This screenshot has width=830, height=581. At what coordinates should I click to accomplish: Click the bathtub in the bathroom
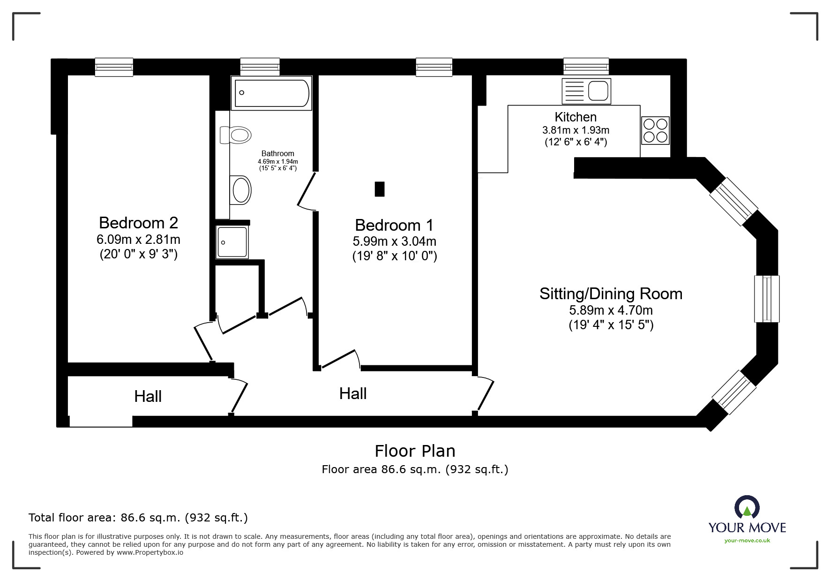(271, 93)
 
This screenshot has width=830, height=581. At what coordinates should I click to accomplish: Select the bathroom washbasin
(241, 190)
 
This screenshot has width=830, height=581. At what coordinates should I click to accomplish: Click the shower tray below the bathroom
(232, 242)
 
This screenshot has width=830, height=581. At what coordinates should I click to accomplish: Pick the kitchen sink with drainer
(586, 91)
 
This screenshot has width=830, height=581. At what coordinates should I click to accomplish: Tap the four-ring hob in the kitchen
(655, 130)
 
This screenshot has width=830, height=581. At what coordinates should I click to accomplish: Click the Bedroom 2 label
(138, 222)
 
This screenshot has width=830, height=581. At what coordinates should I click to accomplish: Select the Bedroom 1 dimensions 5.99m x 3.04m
(394, 241)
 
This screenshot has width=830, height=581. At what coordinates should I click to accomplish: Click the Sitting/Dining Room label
(611, 294)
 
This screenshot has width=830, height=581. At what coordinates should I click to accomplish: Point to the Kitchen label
(576, 117)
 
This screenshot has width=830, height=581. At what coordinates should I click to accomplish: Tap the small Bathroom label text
(277, 153)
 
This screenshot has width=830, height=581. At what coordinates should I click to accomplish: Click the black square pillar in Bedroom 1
(380, 189)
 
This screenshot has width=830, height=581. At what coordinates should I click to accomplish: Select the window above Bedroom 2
(114, 67)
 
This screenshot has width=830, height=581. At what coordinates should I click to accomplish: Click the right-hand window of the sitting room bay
(767, 299)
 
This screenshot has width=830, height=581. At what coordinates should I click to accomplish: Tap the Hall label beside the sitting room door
(353, 393)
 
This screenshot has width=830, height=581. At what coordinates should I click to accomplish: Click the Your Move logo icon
(747, 508)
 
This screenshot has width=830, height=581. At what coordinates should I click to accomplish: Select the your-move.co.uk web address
(747, 541)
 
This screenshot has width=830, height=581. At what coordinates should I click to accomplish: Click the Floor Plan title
(415, 451)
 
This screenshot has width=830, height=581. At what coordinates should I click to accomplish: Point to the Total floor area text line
(138, 518)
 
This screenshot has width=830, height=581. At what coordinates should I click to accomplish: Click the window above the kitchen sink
(586, 67)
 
